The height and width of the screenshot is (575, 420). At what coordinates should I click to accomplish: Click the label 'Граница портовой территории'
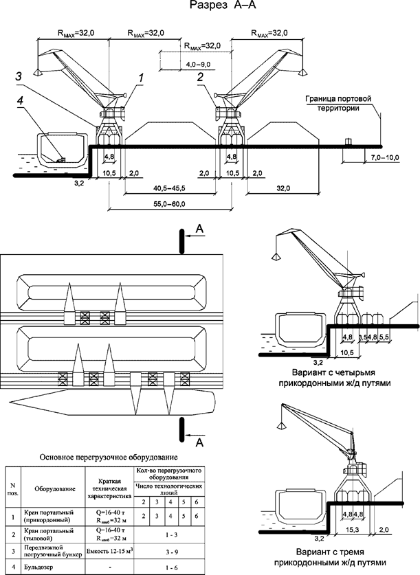click(x=338, y=104)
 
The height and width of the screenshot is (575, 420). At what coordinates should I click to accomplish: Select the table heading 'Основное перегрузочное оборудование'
click(x=109, y=457)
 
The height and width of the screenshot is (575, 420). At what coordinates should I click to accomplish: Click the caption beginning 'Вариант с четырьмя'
click(x=342, y=379)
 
